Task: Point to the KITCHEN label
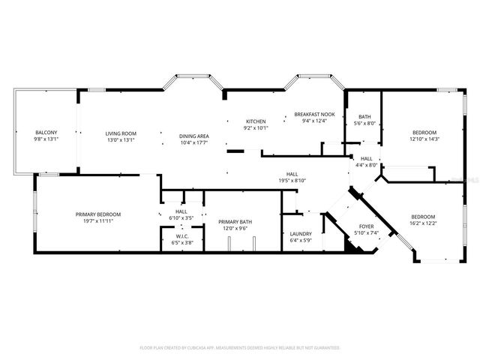point(256,121)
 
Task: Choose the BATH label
point(364,117)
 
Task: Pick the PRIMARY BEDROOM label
point(98,214)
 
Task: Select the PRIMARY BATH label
point(235,221)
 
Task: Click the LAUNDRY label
point(300,234)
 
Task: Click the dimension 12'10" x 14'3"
point(424,139)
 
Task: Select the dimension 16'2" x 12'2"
point(423,223)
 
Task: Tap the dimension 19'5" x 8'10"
point(292,180)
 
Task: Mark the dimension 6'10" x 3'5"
point(181,217)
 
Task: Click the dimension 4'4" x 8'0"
point(367,165)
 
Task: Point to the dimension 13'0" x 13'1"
point(120,139)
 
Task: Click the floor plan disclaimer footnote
point(240,348)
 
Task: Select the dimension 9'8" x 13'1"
point(46,139)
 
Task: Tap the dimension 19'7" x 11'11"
point(98,220)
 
